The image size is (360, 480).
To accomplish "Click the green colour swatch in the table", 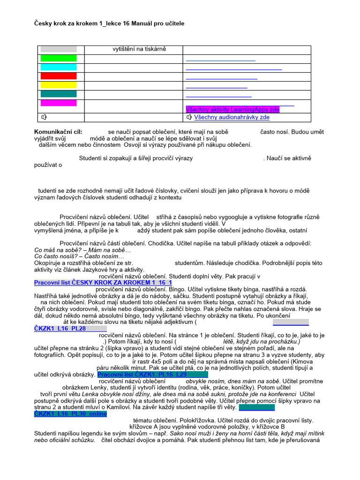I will pyautogui.click(x=58, y=58).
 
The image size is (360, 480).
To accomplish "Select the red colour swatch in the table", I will pyautogui.click(x=58, y=76).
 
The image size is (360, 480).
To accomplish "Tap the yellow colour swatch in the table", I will pyautogui.click(x=58, y=85).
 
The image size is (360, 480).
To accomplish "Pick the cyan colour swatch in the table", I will pyautogui.click(x=58, y=67).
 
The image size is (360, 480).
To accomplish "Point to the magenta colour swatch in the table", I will pyautogui.click(x=58, y=103).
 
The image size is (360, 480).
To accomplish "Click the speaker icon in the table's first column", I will pyautogui.click(x=44, y=117).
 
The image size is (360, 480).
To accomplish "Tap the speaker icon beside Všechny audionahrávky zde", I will pyautogui.click(x=189, y=117).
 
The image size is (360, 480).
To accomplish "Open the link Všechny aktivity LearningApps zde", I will pyautogui.click(x=232, y=109).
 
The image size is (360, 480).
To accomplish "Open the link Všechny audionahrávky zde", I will pyautogui.click(x=232, y=117).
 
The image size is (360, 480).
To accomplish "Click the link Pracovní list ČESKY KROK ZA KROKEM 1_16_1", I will pyautogui.click(x=103, y=283).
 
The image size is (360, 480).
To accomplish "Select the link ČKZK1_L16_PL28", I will pyautogui.click(x=60, y=329).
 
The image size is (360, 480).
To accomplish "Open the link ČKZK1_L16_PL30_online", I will pyautogui.click(x=70, y=414).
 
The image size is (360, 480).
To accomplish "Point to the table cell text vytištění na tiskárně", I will pyautogui.click(x=139, y=49).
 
